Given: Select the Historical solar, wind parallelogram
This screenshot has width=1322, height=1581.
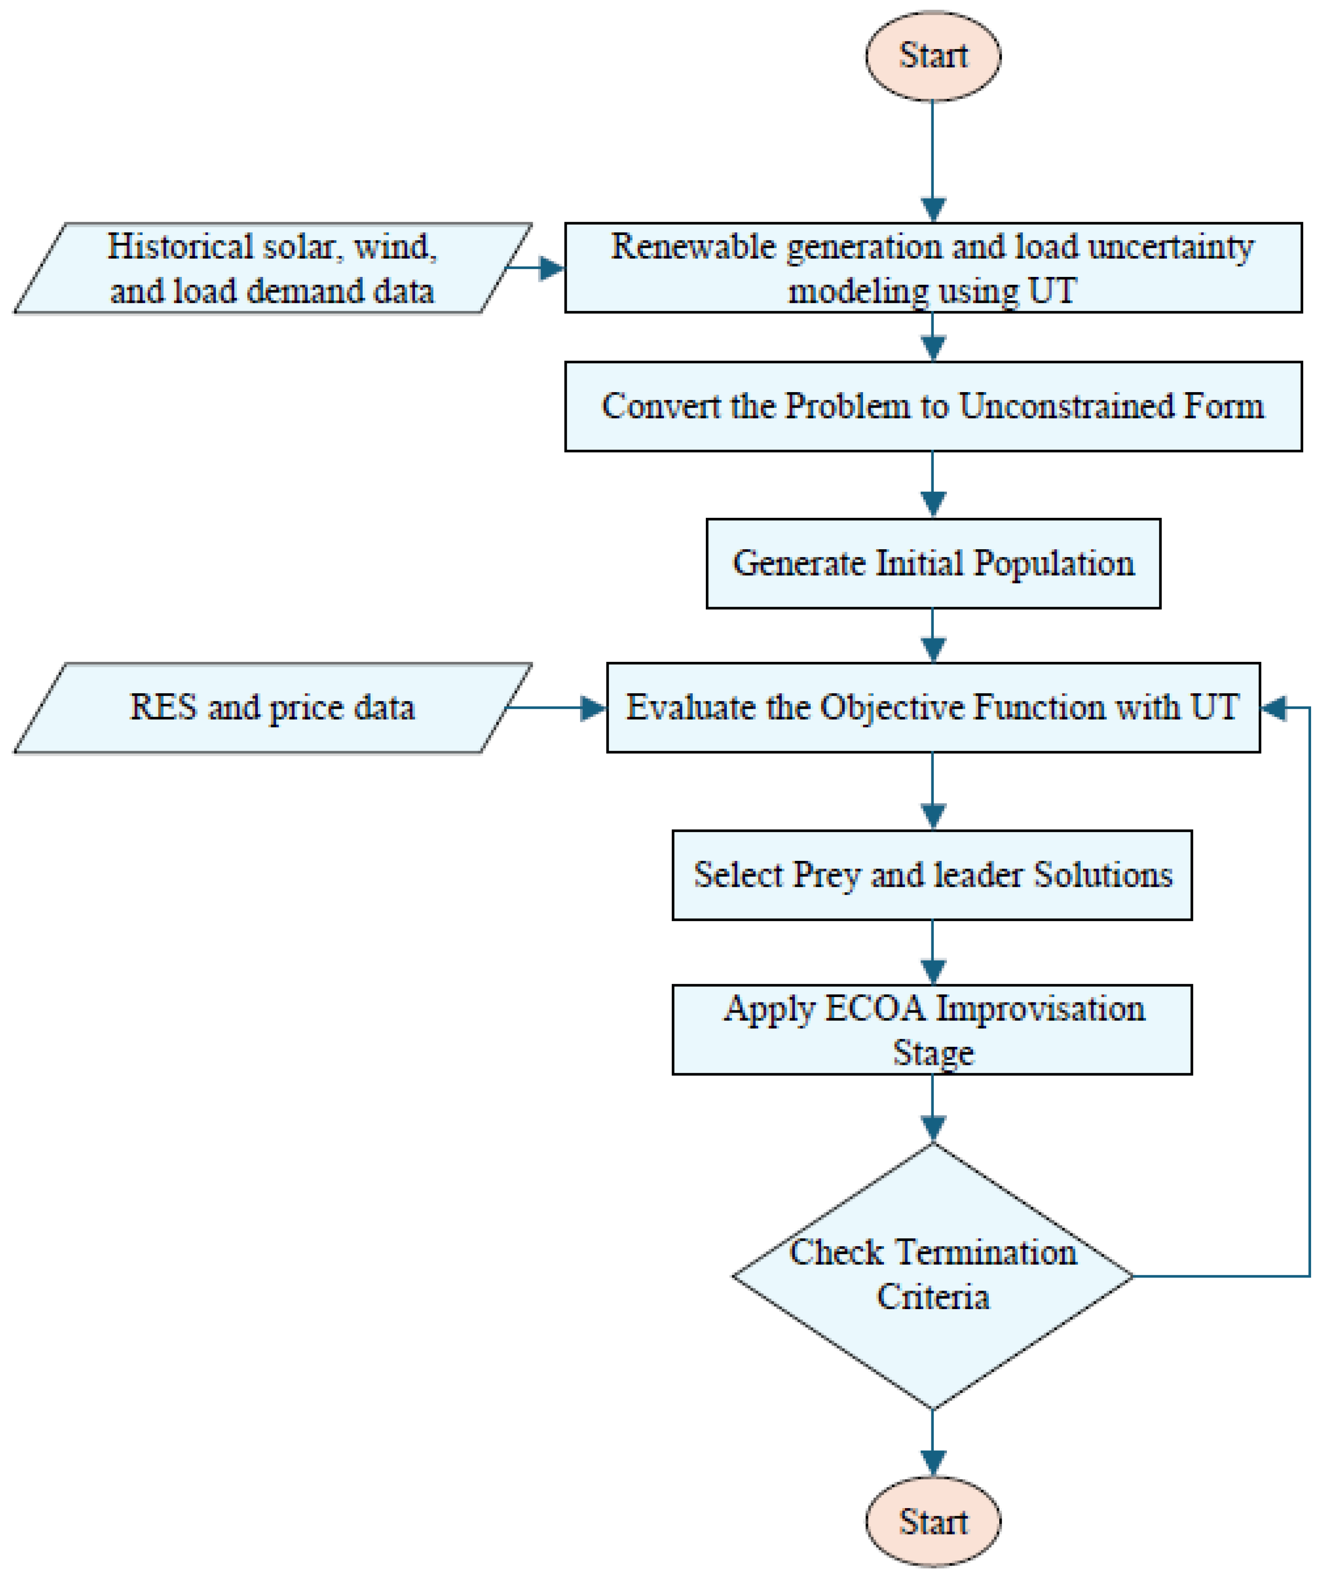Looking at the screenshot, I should click(x=273, y=268).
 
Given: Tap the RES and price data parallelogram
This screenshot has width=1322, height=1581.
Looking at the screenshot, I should click(x=273, y=708).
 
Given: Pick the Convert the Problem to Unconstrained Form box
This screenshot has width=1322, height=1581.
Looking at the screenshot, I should click(x=933, y=406).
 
